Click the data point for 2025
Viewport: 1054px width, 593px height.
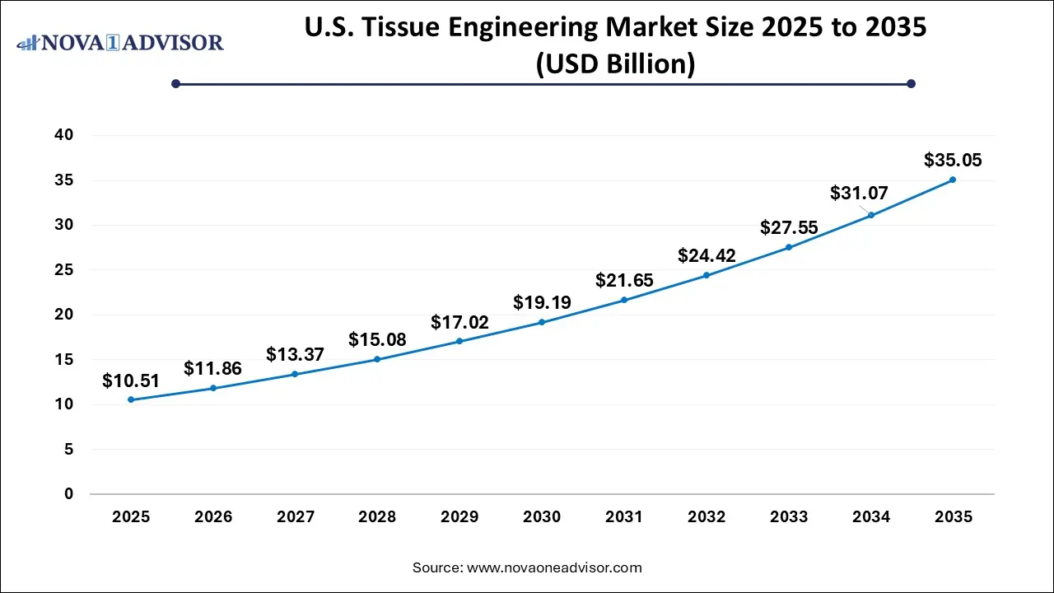[131, 399]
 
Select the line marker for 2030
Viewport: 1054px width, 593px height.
[542, 322]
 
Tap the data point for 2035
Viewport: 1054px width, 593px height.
[953, 180]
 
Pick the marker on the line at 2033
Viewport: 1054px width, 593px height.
[788, 247]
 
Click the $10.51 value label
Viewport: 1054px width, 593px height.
[131, 381]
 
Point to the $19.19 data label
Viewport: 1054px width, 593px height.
[542, 302]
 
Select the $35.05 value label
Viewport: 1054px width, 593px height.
[953, 160]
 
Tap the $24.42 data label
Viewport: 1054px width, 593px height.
[707, 255]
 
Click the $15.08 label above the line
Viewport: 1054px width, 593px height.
[377, 339]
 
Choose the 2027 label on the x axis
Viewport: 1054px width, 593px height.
[296, 517]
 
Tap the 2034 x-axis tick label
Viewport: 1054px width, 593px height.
[870, 517]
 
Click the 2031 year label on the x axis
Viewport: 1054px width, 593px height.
[624, 517]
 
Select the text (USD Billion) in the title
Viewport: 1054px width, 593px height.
[615, 63]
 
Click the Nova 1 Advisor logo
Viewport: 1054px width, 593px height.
[121, 41]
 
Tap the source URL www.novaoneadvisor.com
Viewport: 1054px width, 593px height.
[554, 567]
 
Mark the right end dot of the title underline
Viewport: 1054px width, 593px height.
[911, 83]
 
